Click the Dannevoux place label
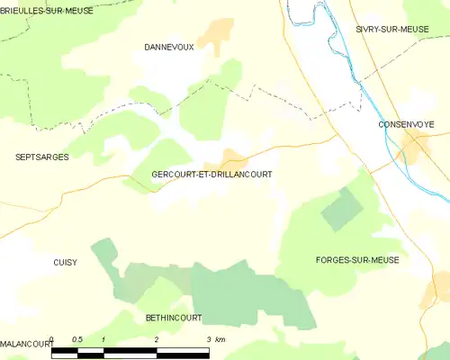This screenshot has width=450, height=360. tap(168, 46)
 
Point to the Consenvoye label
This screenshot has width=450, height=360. tap(407, 123)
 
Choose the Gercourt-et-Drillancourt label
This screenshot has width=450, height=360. tap(212, 175)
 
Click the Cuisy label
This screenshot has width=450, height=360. tap(64, 263)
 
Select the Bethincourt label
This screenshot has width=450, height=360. tap(174, 318)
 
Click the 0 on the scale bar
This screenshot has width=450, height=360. tap(52, 339)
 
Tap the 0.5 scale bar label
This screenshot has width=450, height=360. tap(77, 339)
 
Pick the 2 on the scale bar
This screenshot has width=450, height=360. tap(157, 339)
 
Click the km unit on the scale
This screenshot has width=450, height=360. tap(220, 339)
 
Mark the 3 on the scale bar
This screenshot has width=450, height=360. tap(209, 339)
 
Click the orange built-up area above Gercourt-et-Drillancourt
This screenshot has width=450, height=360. tap(233, 157)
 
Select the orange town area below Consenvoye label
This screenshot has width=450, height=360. tap(415, 147)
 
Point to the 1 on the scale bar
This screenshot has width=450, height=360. tap(104, 339)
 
